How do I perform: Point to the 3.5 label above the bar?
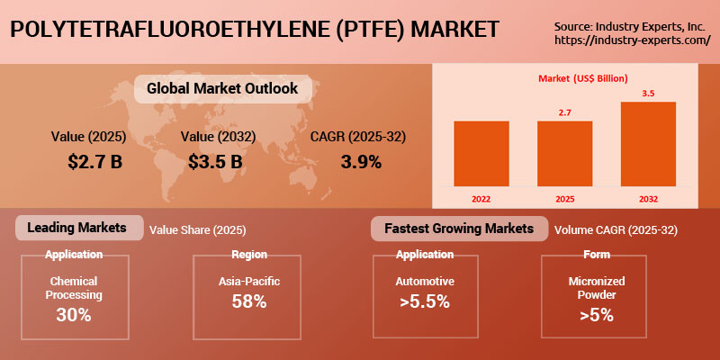[648, 93]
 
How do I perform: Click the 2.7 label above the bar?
[564, 112]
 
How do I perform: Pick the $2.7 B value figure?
[94, 162]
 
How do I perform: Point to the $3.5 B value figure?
[216, 162]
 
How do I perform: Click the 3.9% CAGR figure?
[360, 162]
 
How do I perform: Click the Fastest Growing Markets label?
[459, 229]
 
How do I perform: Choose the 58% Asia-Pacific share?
[249, 301]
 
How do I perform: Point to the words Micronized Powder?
[596, 288]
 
